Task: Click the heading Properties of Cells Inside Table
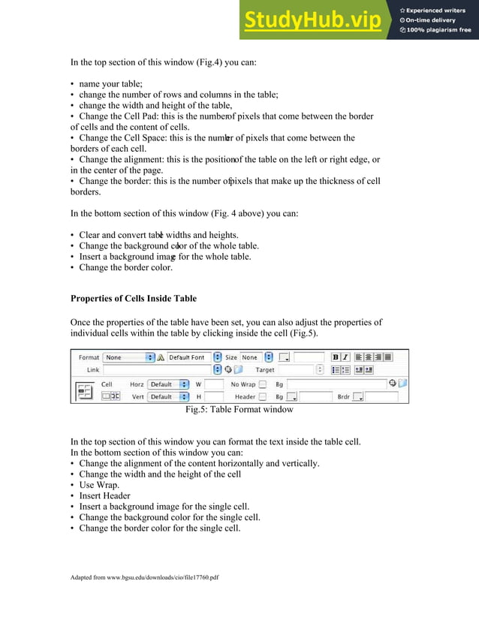point(133,298)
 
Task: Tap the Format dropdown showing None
point(128,357)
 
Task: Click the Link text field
point(157,370)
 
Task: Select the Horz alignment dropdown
point(167,384)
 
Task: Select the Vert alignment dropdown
point(167,396)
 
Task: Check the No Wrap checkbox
point(263,384)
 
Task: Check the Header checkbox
point(263,396)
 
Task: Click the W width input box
point(214,384)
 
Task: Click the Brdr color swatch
point(358,396)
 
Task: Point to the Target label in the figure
point(264,370)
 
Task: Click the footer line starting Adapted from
point(144,577)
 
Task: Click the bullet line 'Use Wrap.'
point(99,485)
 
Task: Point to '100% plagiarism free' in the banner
point(439,30)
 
